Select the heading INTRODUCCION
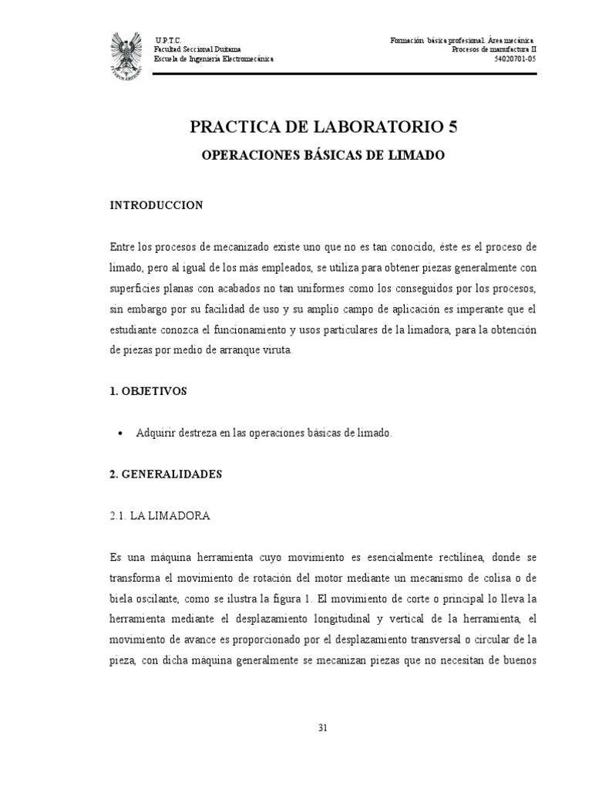click(x=156, y=205)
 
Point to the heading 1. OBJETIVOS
click(x=149, y=391)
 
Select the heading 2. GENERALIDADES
click(x=166, y=474)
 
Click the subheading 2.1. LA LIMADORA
click(x=160, y=516)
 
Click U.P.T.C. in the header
click(x=167, y=40)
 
